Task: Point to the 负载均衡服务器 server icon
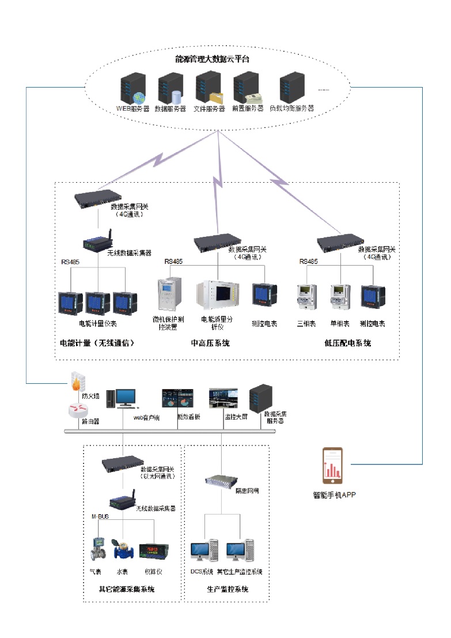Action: click(x=291, y=87)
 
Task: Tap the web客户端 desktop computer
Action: click(x=126, y=398)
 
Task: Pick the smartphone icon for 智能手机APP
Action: click(x=332, y=466)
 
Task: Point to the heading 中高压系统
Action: click(x=210, y=343)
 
